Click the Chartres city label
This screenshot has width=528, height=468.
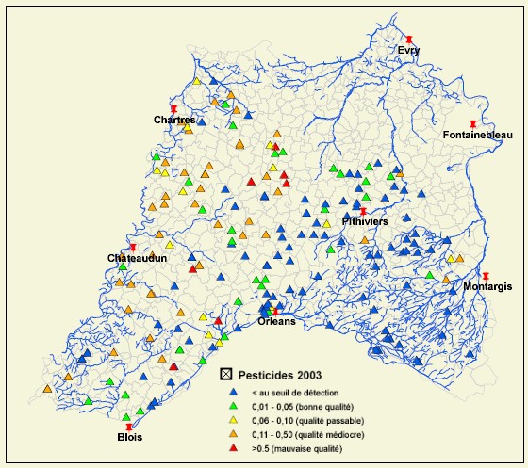point(175,120)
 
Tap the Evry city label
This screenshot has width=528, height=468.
point(408,50)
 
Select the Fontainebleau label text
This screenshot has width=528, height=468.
point(477,136)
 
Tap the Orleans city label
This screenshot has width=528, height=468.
point(276,321)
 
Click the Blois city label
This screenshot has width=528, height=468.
point(129,437)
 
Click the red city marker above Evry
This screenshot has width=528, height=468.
point(409,40)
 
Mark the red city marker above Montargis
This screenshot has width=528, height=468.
point(486,276)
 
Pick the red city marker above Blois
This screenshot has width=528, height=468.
point(129,427)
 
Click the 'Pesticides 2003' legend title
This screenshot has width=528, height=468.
point(273,375)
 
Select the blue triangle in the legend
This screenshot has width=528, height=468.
point(231,391)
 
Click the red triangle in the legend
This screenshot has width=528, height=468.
point(231,449)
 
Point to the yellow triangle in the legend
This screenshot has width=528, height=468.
point(231,420)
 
